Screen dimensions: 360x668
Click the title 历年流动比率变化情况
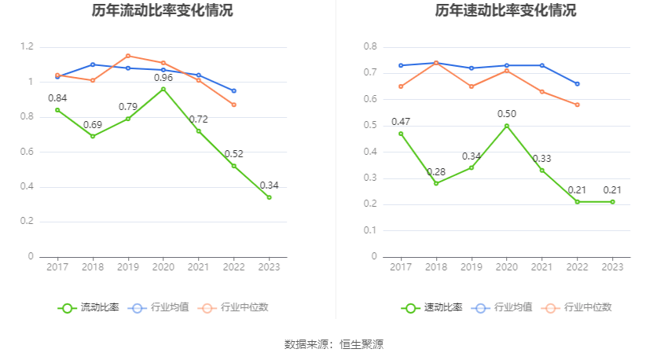click(x=162, y=11)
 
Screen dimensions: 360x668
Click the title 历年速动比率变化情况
click(x=505, y=11)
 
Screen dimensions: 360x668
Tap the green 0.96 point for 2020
click(x=163, y=89)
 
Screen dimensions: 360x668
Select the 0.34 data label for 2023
click(x=269, y=186)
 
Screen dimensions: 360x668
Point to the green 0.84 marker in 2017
click(x=57, y=110)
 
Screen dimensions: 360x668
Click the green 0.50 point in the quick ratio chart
click(x=507, y=126)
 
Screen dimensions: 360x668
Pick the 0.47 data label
click(x=401, y=122)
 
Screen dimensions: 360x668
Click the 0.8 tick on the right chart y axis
click(x=370, y=47)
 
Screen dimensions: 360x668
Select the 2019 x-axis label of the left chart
click(x=128, y=267)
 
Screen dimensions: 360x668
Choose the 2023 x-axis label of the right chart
click(x=613, y=267)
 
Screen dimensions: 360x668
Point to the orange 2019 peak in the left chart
click(x=128, y=56)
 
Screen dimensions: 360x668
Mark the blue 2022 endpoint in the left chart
click(x=233, y=90)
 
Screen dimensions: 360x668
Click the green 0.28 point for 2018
click(x=436, y=183)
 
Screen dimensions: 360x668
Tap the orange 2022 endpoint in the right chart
click(x=578, y=105)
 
